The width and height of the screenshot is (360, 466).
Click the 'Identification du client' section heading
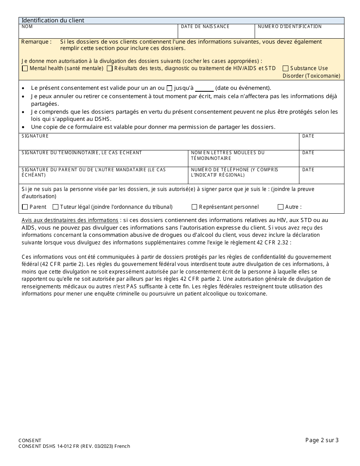coord(53,20)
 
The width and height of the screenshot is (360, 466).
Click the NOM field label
coord(27,27)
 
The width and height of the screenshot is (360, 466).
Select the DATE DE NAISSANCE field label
coord(205,27)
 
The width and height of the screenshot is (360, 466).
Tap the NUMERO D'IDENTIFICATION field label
coord(290,27)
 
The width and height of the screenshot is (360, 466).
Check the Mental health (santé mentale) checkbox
coord(25,69)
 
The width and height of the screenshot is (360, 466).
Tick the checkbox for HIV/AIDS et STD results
coord(110,69)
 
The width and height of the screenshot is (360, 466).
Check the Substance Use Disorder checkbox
coord(285,69)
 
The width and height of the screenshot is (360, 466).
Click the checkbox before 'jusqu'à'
coord(169,88)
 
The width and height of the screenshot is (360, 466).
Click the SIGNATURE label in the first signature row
coord(35,136)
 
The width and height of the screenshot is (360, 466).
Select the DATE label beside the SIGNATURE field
coord(308,136)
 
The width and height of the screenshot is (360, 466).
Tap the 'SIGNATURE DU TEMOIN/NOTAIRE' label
coord(81,153)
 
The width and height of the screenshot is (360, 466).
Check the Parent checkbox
coord(25,207)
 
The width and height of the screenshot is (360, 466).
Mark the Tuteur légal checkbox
coord(55,207)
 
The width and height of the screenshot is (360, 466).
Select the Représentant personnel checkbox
coord(194,207)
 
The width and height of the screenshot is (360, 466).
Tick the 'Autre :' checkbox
coord(280,207)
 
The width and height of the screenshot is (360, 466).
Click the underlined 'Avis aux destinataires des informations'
coord(70,220)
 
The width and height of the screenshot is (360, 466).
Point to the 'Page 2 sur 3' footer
coord(322,440)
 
